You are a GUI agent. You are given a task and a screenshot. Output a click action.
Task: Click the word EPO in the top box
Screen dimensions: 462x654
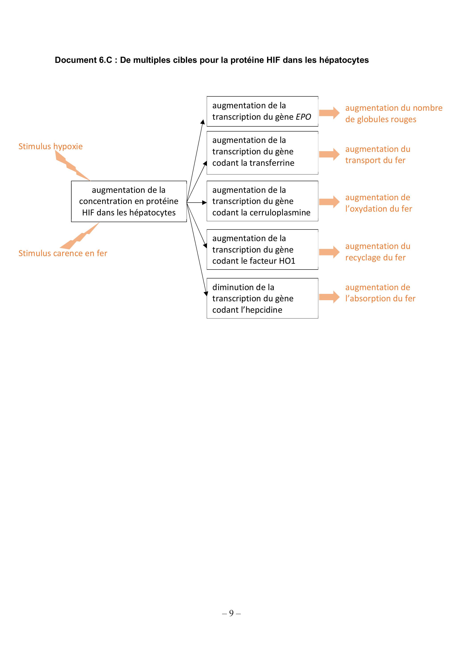tap(304, 117)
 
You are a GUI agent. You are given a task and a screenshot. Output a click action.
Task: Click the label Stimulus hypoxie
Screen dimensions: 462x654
tap(50, 147)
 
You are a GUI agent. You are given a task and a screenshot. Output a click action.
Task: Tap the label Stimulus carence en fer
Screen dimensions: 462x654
tap(63, 253)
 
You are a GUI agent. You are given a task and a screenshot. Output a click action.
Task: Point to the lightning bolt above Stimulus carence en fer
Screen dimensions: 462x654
tap(80, 236)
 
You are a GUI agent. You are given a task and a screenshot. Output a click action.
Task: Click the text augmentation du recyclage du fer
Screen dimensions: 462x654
tap(378, 252)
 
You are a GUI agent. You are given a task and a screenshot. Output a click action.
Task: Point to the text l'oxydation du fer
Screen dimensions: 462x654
tap(379, 209)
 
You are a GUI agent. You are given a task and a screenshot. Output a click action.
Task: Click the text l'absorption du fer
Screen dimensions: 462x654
tap(380, 299)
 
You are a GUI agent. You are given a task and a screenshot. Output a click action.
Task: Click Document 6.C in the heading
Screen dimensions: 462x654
tap(83, 60)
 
